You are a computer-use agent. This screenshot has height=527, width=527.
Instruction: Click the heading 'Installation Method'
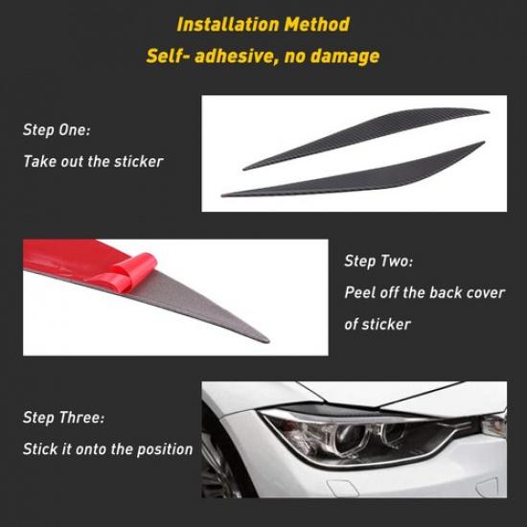[263, 24]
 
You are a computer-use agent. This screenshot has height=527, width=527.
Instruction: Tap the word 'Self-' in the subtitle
[167, 56]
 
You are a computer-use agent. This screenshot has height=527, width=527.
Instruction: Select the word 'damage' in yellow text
[344, 56]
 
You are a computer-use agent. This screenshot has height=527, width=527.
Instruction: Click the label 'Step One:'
[57, 129]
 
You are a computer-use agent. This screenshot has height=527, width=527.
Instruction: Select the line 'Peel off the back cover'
[424, 292]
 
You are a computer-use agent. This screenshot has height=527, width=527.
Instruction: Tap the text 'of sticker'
[378, 324]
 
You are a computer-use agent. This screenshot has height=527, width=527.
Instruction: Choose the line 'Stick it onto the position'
[108, 448]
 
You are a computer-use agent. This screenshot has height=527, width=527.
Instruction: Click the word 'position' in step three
[165, 448]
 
